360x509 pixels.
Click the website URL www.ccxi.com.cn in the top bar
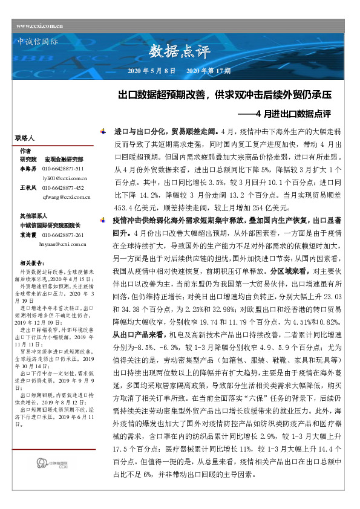[x=41, y=25]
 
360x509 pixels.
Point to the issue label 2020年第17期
[x=208, y=71]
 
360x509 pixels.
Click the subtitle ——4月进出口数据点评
[x=293, y=113]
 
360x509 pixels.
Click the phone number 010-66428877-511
[x=67, y=168]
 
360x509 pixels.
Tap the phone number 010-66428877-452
[x=67, y=188]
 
